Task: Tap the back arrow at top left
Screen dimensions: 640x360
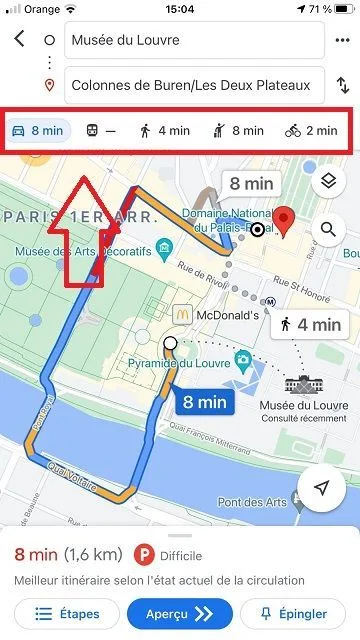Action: click(x=20, y=40)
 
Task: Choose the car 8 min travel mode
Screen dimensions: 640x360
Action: click(x=38, y=130)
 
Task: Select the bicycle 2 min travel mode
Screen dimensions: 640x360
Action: click(x=311, y=130)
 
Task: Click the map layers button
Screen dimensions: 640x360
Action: click(x=328, y=182)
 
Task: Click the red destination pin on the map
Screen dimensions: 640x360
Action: click(x=285, y=219)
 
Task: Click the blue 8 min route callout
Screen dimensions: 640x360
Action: click(x=205, y=403)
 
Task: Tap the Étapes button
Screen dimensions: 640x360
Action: click(x=65, y=614)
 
